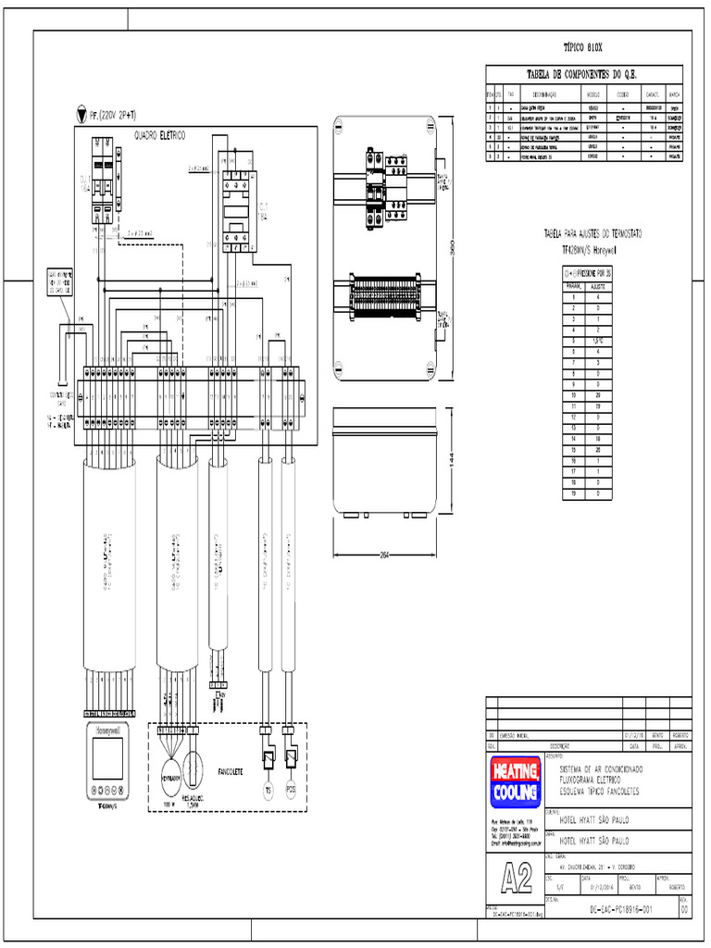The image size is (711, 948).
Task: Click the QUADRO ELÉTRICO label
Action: [x=161, y=135]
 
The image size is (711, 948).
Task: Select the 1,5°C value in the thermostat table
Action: [x=598, y=342]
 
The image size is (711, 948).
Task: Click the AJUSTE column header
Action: [x=598, y=287]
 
